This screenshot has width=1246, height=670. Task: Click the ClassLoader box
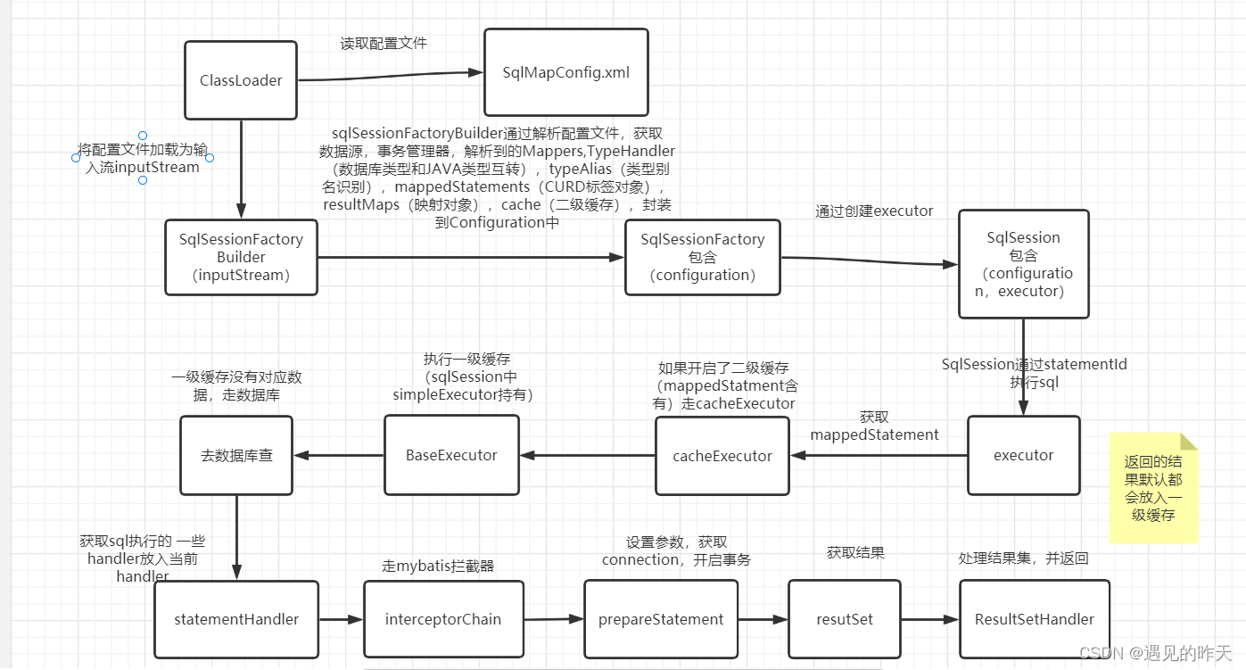pyautogui.click(x=241, y=80)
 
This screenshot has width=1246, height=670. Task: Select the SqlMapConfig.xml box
pyautogui.click(x=566, y=72)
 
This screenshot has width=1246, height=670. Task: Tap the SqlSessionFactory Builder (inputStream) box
pyautogui.click(x=241, y=257)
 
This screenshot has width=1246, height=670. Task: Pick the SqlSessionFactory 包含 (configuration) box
pyautogui.click(x=703, y=257)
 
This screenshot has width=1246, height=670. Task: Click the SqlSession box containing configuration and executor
pyautogui.click(x=1024, y=264)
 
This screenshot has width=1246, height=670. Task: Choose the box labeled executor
pyautogui.click(x=1024, y=455)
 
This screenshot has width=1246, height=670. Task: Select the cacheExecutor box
pyautogui.click(x=722, y=456)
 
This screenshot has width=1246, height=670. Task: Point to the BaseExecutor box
pyautogui.click(x=451, y=455)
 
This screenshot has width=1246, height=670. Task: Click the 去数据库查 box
pyautogui.click(x=236, y=455)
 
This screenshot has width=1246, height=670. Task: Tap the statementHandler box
pyautogui.click(x=236, y=619)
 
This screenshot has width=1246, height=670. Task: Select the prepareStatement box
pyautogui.click(x=661, y=619)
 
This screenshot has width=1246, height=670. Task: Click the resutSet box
pyautogui.click(x=845, y=619)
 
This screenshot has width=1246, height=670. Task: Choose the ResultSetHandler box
pyautogui.click(x=1035, y=619)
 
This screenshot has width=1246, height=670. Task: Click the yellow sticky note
pyautogui.click(x=1154, y=489)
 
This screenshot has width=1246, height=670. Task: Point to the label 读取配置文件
pyautogui.click(x=384, y=42)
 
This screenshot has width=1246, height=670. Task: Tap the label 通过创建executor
pyautogui.click(x=874, y=211)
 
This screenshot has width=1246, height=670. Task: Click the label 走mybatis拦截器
pyautogui.click(x=438, y=566)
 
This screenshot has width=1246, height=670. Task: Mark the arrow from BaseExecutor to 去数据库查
pyautogui.click(x=339, y=455)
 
